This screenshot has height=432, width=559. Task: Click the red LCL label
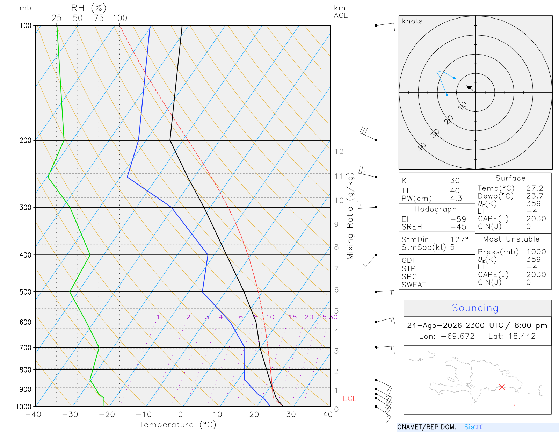[x=350, y=398]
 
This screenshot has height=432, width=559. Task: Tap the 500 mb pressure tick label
[x=25, y=292]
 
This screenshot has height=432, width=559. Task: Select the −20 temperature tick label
[x=107, y=414]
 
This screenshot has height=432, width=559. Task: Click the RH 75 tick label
[x=99, y=18]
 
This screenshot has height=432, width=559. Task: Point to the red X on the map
[x=502, y=387]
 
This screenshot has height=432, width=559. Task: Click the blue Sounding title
[x=475, y=308]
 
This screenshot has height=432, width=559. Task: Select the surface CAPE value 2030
[x=536, y=218]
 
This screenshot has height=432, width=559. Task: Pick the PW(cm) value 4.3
[x=456, y=198]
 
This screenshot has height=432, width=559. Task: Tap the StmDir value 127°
[x=459, y=239]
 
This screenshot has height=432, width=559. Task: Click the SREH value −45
[x=458, y=227]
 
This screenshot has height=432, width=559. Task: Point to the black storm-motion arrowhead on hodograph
[x=469, y=87]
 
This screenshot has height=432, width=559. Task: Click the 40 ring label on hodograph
[x=422, y=147]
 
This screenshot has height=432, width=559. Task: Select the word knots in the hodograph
[x=412, y=21]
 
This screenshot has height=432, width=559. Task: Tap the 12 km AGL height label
[x=339, y=151]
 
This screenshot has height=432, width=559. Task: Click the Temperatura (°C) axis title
[x=177, y=424]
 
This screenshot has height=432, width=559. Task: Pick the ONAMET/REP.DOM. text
[x=427, y=427]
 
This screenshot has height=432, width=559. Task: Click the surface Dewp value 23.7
[x=535, y=196]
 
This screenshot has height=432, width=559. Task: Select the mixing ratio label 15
[x=292, y=317]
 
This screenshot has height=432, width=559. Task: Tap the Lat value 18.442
[x=522, y=336]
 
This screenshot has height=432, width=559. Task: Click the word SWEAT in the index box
[x=414, y=285]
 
